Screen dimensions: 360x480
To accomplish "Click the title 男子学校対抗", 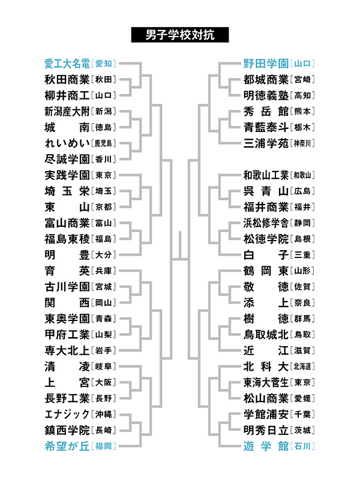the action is tap(179, 35).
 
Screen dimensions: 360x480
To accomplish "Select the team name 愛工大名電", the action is tap(67, 64).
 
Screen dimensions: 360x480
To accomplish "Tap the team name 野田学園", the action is tap(266, 64).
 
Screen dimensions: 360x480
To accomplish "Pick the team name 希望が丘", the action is tap(67, 446).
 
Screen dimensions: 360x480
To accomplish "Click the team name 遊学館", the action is tap(266, 446).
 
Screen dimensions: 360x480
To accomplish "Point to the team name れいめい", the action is tap(67, 143).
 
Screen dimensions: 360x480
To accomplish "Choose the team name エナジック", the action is tap(67, 414).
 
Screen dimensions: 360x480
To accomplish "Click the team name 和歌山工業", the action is tap(266, 175).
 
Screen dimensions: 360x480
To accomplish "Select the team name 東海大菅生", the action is tap(266, 382).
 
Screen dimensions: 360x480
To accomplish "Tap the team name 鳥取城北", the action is tap(266, 335).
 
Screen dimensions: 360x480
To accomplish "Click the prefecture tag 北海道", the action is tap(302, 367).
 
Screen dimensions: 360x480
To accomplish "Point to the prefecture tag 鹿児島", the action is tap(103, 143).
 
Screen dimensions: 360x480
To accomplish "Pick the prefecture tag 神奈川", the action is tap(302, 143).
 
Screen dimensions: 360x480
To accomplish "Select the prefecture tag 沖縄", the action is tap(103, 414).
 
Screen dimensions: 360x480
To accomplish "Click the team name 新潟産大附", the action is tap(67, 112).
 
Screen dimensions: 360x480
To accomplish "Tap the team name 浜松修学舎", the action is tap(266, 223).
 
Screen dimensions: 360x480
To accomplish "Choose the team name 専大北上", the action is tap(67, 350).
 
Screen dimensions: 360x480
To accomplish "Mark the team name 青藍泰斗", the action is tap(266, 127).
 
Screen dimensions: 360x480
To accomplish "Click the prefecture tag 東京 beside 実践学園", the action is tap(103, 175).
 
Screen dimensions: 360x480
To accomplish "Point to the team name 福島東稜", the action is tap(67, 239).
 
